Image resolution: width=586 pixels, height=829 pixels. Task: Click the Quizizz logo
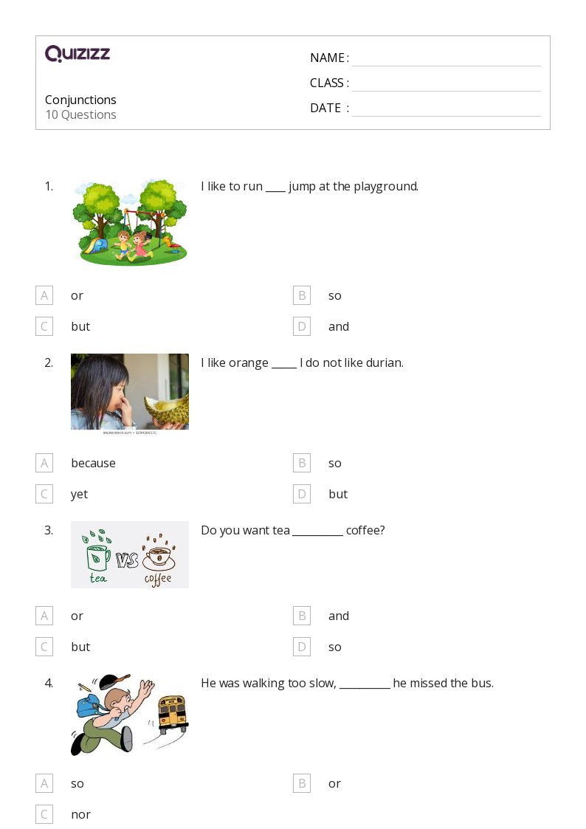point(77,54)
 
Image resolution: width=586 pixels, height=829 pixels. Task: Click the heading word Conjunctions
point(80,100)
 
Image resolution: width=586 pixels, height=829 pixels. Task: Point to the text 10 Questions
point(80,114)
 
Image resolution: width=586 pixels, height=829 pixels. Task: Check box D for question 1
point(301,326)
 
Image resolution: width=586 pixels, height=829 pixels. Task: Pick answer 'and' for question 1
point(339,326)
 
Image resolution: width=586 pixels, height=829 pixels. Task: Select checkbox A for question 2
point(44,463)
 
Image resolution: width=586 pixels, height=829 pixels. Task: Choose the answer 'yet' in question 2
point(79,494)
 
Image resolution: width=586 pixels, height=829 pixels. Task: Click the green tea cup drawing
point(98,557)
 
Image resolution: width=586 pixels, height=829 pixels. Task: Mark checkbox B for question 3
point(301,616)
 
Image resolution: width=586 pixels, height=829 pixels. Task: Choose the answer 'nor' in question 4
point(80,814)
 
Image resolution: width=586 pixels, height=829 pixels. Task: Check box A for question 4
point(44,783)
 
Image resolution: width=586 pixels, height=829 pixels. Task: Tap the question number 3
point(49,530)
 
